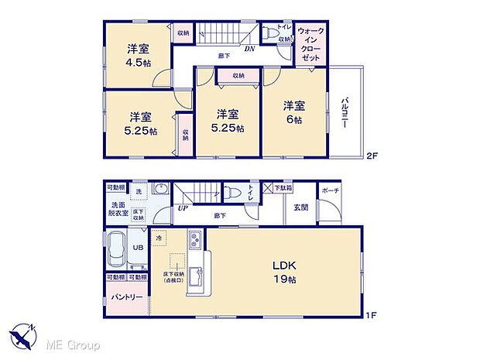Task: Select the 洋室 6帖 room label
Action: (292, 111)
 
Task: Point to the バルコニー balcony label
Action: (344, 115)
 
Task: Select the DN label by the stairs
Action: (250, 49)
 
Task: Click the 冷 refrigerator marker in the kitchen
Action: (158, 239)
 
